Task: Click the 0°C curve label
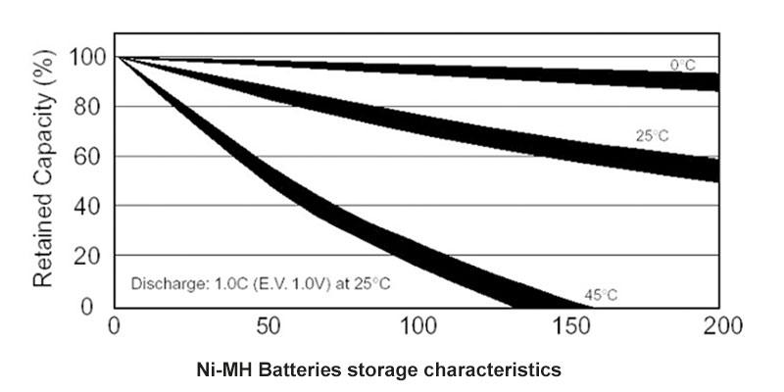[x=682, y=65]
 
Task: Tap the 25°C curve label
[x=652, y=135]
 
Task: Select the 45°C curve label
[x=601, y=294]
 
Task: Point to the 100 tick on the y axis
[x=84, y=56]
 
